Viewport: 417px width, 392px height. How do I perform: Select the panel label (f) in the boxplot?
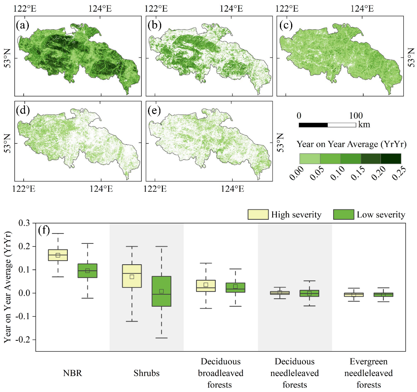[x=44, y=231]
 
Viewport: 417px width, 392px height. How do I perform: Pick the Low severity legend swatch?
[x=343, y=215]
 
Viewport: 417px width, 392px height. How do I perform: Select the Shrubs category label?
[x=146, y=374]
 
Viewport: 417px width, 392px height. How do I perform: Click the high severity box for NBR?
[x=58, y=255]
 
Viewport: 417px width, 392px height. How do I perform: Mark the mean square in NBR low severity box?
[x=87, y=271]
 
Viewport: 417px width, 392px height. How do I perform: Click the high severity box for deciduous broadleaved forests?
[x=206, y=285]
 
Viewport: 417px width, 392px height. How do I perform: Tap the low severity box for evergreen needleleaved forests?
[x=383, y=294]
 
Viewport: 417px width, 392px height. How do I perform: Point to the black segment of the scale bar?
[x=313, y=125]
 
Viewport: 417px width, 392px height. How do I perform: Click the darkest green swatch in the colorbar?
[x=391, y=158]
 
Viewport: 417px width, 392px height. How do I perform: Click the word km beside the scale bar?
[x=364, y=125]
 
